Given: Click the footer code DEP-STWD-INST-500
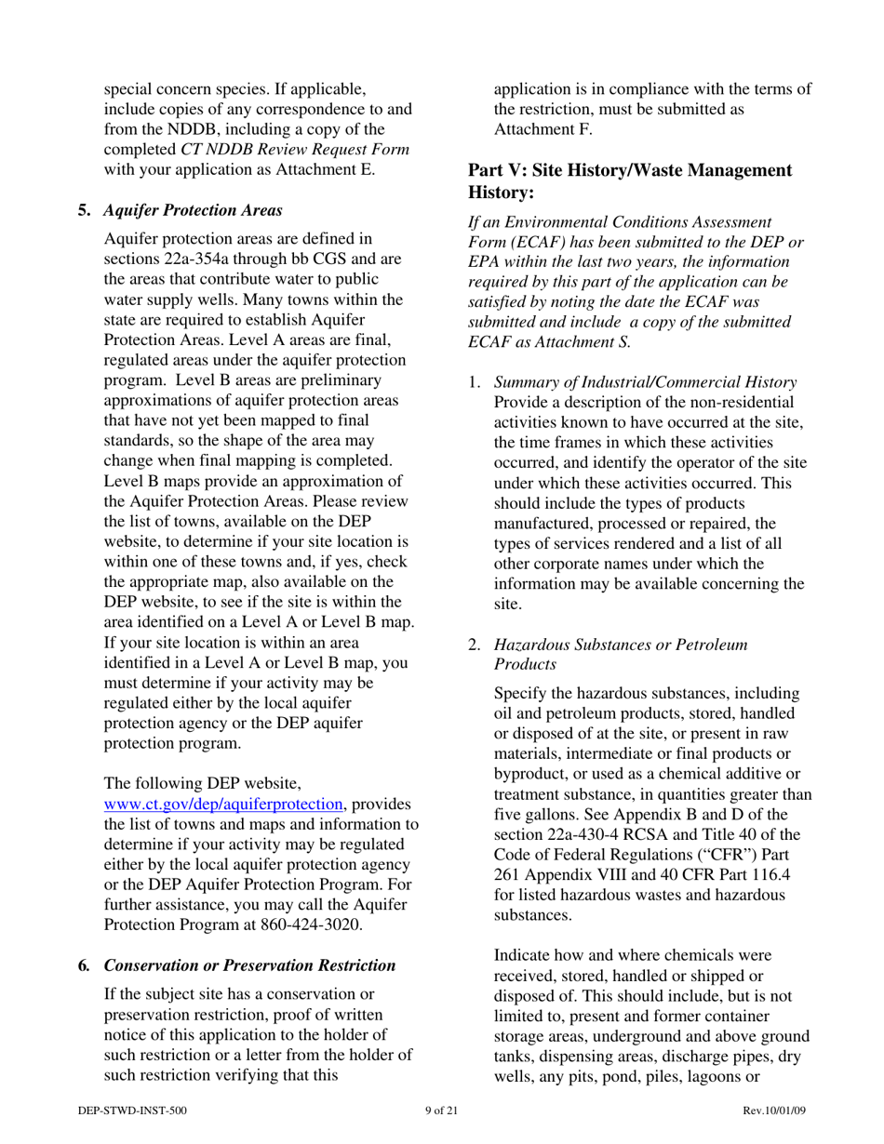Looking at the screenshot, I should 133,1111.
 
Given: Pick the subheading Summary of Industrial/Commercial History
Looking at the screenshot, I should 645,382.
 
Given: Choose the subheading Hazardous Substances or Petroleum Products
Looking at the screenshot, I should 621,654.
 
